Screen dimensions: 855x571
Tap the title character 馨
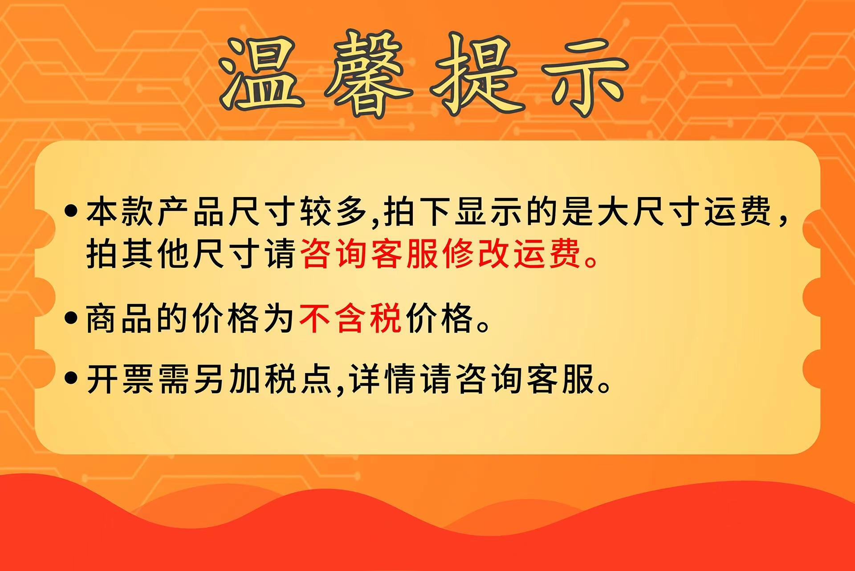tap(368, 74)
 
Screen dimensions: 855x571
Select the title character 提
tap(477, 74)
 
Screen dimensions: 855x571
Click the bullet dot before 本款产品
tap(71, 210)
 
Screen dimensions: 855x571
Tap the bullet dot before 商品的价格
tap(71, 318)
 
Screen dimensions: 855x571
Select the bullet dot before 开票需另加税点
tap(71, 378)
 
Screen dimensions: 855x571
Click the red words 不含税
tap(351, 318)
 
